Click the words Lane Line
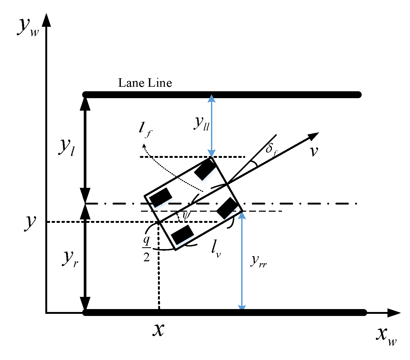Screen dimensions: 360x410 [x=145, y=83]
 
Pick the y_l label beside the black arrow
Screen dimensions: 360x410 [x=66, y=147]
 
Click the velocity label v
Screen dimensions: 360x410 [x=314, y=151]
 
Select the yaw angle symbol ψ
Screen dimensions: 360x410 [x=186, y=215]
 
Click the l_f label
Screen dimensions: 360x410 [x=145, y=129]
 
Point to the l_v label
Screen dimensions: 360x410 [x=216, y=249]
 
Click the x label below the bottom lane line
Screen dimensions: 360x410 [x=158, y=330]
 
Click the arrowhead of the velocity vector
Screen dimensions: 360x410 [x=313, y=136]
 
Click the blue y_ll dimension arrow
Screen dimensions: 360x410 [x=211, y=126]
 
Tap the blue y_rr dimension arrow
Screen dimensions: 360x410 [x=242, y=261]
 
